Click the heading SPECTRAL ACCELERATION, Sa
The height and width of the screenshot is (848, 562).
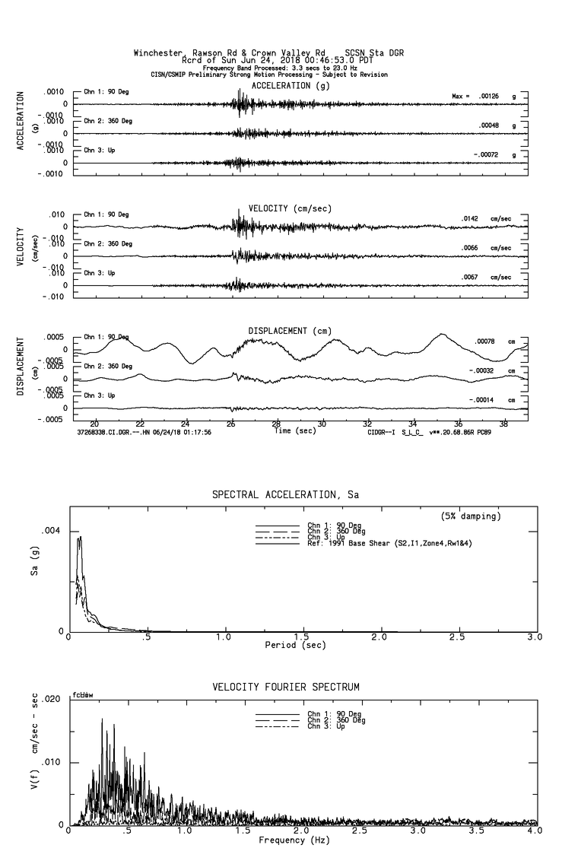tap(285, 495)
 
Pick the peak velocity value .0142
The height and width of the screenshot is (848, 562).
tap(469, 218)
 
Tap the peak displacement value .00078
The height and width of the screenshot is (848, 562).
tap(484, 341)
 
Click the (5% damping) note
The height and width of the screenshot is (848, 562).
tap(471, 516)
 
